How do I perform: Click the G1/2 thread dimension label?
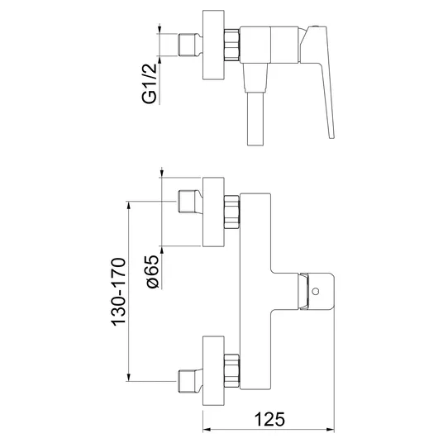click(149, 83)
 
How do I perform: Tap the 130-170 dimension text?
click(119, 292)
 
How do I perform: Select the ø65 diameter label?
click(153, 272)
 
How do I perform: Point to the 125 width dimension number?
click(269, 419)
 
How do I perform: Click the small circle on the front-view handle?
click(316, 291)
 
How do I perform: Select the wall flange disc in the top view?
click(213, 45)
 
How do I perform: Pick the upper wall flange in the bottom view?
click(213, 212)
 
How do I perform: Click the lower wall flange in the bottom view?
click(213, 370)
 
